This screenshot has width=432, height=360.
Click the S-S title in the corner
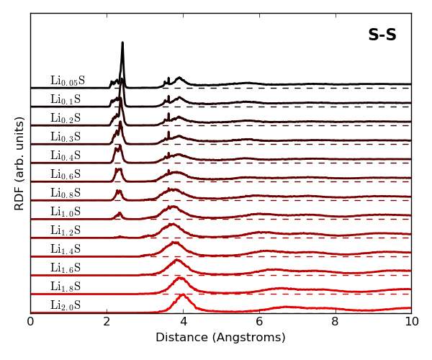click(382, 35)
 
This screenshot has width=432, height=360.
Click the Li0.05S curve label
click(68, 81)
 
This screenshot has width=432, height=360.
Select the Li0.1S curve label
click(66, 99)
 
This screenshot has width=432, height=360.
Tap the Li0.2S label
click(66, 118)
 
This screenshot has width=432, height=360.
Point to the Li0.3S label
click(66, 137)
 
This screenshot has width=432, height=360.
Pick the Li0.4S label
click(66, 156)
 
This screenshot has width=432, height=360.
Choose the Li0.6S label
click(66, 174)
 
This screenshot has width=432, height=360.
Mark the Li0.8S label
click(66, 193)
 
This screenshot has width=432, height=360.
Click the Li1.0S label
click(66, 212)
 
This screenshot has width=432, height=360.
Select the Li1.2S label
click(66, 230)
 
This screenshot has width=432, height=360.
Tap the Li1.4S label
click(66, 249)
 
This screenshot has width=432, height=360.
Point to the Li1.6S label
click(66, 268)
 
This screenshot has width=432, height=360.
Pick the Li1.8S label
click(66, 287)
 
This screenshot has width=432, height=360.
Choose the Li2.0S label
click(66, 305)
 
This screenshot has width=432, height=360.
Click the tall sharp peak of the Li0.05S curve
click(122, 43)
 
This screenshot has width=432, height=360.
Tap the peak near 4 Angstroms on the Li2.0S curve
click(182, 294)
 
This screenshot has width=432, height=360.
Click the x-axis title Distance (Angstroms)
click(220, 338)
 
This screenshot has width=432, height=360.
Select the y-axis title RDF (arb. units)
click(20, 163)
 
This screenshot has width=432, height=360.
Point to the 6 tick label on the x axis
click(259, 322)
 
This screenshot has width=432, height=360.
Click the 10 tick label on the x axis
click(411, 322)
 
